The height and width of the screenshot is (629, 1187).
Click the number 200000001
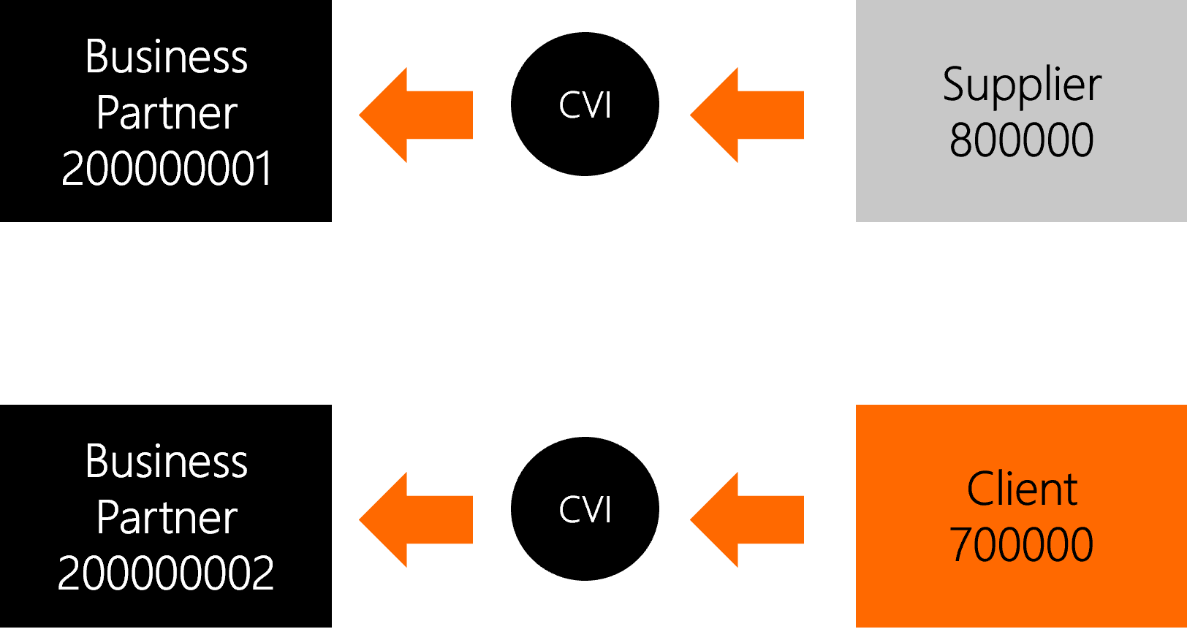click(x=167, y=168)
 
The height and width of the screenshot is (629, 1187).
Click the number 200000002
click(x=165, y=573)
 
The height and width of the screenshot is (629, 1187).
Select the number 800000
click(x=1021, y=140)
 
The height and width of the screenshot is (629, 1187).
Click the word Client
click(x=1022, y=488)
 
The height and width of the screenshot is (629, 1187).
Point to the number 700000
click(x=1021, y=544)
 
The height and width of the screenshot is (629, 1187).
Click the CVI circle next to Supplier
click(x=585, y=104)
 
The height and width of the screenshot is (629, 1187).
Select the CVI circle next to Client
click(x=585, y=508)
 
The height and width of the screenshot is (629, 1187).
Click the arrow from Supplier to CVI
click(x=747, y=115)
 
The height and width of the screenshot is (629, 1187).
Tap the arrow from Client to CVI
click(x=747, y=519)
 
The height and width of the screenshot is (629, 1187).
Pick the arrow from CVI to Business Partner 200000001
click(x=416, y=115)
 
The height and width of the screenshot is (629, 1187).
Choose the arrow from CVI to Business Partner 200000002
click(x=416, y=519)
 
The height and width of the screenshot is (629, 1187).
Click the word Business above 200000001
click(x=167, y=56)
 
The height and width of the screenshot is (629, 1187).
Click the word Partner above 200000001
click(x=167, y=113)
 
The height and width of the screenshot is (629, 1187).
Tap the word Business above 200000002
click(x=167, y=461)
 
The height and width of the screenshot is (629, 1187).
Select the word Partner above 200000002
click(x=167, y=518)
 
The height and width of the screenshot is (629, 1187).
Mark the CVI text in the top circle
click(x=585, y=105)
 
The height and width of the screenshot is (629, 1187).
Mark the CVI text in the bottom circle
click(x=585, y=509)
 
